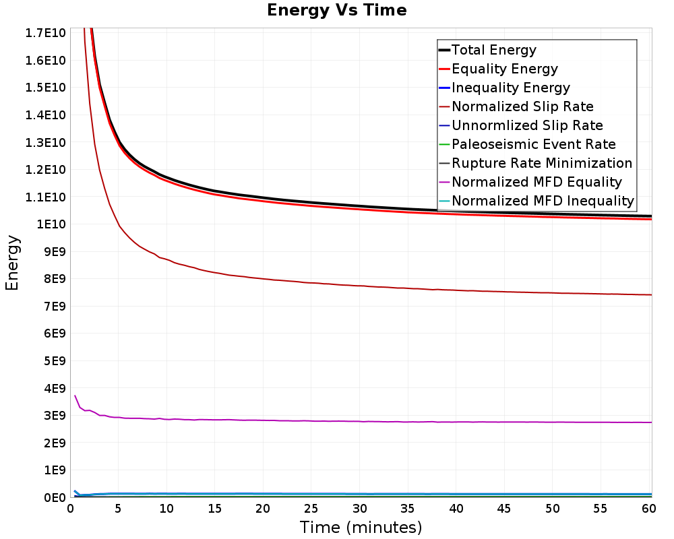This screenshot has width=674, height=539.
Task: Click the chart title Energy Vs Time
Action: point(337,11)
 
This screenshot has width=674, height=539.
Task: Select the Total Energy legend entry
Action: point(493,50)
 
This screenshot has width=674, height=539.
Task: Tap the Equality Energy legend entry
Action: point(504,69)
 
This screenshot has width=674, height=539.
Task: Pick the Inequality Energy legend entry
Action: point(510,88)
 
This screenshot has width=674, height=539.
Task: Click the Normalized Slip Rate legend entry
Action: point(522,106)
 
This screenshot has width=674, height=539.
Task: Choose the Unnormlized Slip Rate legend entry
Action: point(527,125)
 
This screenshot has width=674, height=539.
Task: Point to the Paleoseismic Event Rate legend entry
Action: point(533,144)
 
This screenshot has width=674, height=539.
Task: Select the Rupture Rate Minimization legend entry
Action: point(542,163)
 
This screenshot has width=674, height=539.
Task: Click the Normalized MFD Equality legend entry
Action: point(537,182)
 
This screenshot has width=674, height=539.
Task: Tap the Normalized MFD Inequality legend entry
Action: point(543,201)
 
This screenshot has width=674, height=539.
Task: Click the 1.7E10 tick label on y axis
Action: point(46,33)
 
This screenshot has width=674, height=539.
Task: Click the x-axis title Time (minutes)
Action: point(361,527)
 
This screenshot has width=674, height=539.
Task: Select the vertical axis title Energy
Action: point(12,263)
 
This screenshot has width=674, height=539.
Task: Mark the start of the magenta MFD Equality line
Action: point(75,395)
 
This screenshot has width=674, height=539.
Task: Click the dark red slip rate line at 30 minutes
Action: point(359,286)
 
